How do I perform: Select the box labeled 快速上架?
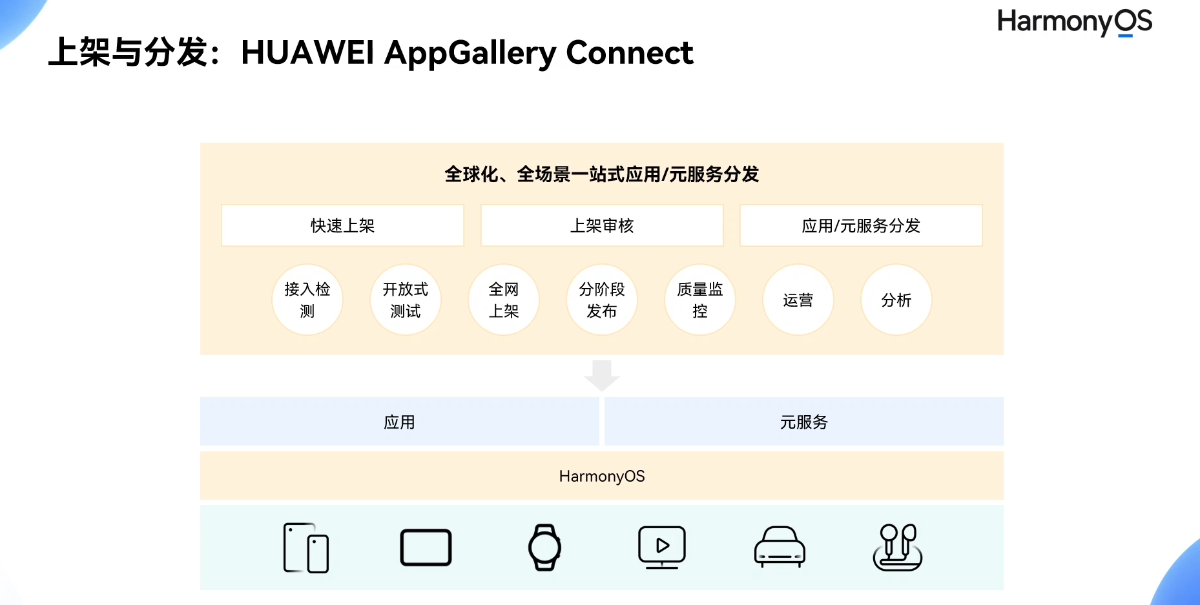pos(342,225)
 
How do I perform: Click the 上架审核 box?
pos(602,225)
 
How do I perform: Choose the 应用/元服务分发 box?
pos(861,225)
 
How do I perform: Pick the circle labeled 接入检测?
pos(307,300)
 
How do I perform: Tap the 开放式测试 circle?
pos(406,300)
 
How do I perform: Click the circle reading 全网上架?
pos(504,300)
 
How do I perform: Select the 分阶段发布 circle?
pos(602,300)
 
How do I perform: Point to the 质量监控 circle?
pos(700,300)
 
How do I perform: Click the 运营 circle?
pos(798,300)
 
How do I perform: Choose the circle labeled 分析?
pos(896,300)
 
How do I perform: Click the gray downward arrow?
pos(602,375)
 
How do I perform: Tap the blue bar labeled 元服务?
pos(803,422)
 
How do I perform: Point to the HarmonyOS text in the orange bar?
pos(602,477)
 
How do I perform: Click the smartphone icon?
pos(306,548)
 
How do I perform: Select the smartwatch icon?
pos(544,548)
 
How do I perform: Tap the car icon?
pos(780,548)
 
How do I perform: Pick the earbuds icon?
pos(898,548)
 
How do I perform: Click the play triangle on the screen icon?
pos(663,545)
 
